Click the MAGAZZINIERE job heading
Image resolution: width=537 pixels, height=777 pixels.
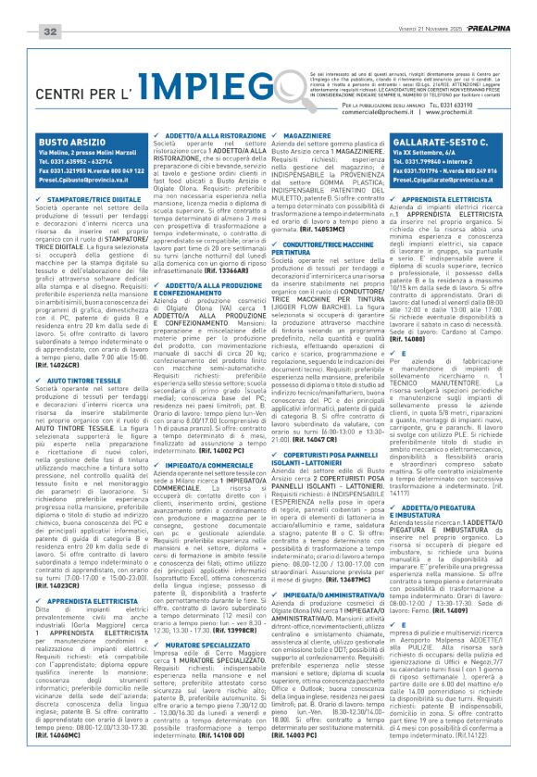click(314, 135)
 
